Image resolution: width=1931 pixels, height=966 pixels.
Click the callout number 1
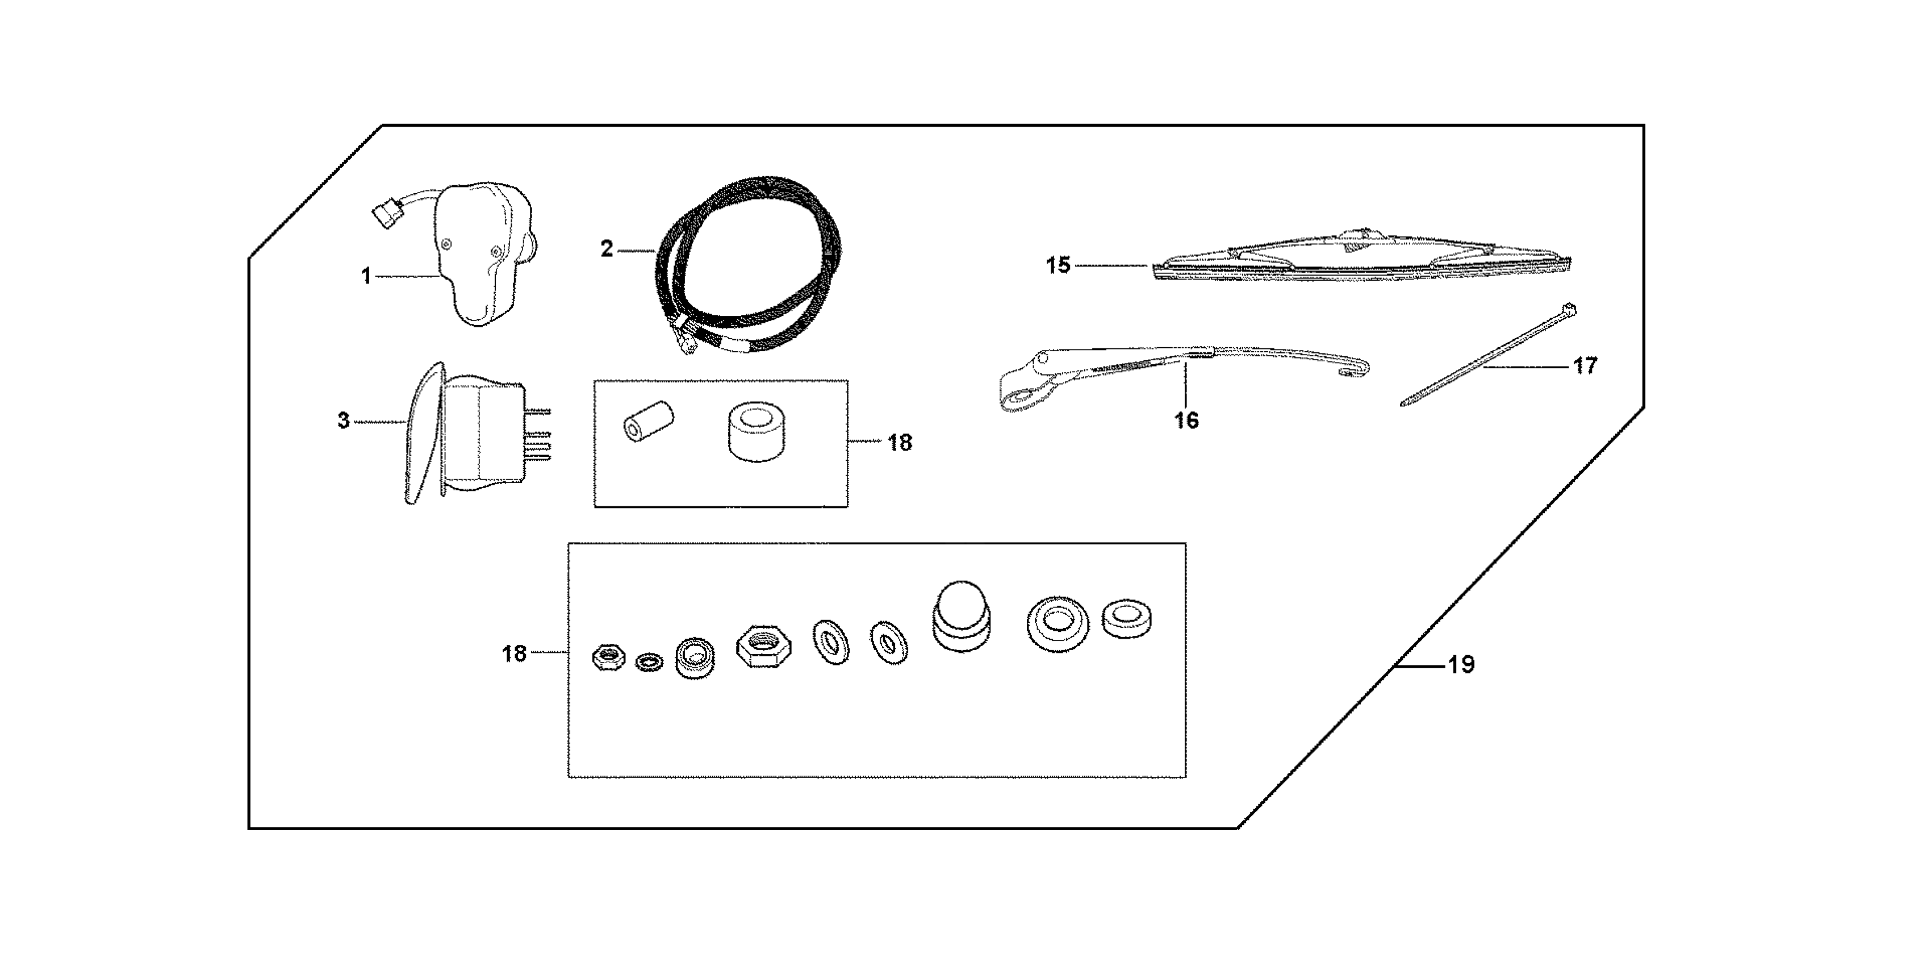pos(366,277)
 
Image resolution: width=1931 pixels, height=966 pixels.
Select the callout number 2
pos(607,249)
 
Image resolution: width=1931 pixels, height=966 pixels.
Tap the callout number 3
pos(344,420)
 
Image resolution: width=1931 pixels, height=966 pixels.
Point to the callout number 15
pos(1058,265)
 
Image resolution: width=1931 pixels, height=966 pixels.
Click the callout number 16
pos(1186,420)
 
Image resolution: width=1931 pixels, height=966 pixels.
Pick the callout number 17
pos(1585,366)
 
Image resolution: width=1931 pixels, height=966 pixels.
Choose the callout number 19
pos(1461,664)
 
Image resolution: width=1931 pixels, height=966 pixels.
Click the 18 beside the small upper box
pos(900,443)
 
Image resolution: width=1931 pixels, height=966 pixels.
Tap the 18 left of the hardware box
pos(514,654)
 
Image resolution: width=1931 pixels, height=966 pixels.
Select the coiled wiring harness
pos(750,263)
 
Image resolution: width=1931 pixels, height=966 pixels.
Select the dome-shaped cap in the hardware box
pos(962,615)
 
